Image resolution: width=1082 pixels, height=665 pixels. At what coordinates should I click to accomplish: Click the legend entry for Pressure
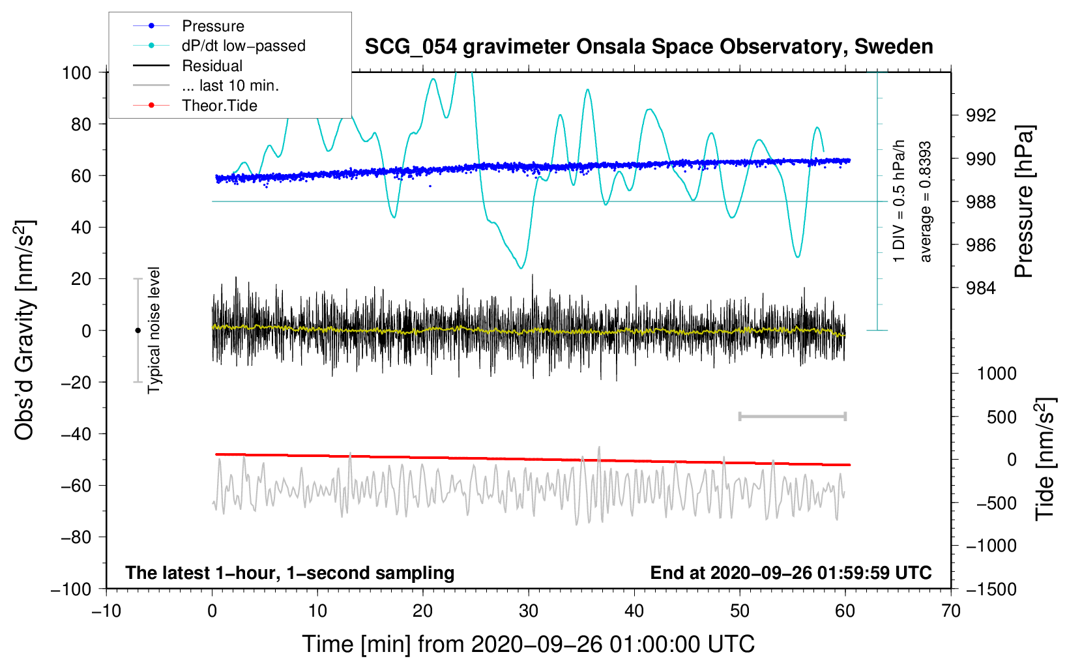pyautogui.click(x=189, y=25)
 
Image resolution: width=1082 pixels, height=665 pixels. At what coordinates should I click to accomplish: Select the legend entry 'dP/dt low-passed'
pyautogui.click(x=219, y=46)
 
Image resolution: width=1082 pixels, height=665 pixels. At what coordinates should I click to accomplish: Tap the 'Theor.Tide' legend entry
pyautogui.click(x=195, y=106)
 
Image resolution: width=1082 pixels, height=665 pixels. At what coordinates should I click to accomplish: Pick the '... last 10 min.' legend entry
pyautogui.click(x=206, y=85)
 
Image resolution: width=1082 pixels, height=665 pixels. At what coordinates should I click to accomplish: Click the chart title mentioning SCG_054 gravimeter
pyautogui.click(x=649, y=47)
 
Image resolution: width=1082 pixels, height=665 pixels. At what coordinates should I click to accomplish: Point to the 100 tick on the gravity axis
pyautogui.click(x=76, y=73)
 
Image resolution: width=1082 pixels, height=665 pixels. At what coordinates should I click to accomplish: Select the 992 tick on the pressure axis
pyautogui.click(x=981, y=115)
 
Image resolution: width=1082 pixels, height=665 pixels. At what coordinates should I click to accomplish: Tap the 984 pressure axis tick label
pyautogui.click(x=981, y=288)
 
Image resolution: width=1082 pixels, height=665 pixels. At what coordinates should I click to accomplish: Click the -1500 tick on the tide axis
pyautogui.click(x=991, y=589)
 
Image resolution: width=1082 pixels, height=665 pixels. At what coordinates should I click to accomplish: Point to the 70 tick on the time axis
pyautogui.click(x=950, y=611)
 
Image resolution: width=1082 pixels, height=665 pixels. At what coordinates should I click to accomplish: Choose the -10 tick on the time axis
pyautogui.click(x=106, y=611)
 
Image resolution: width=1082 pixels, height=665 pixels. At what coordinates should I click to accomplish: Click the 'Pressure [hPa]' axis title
pyautogui.click(x=1025, y=202)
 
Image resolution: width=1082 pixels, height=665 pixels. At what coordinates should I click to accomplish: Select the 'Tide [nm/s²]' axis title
pyautogui.click(x=1045, y=459)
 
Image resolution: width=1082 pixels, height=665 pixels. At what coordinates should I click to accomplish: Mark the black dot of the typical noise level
pyautogui.click(x=138, y=331)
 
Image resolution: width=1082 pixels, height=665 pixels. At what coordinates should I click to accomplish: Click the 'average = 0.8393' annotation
pyautogui.click(x=926, y=202)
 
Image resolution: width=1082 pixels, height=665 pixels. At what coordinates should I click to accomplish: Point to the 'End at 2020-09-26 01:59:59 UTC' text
pyautogui.click(x=791, y=572)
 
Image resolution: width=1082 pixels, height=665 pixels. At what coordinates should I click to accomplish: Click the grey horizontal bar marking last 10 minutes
pyautogui.click(x=792, y=416)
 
